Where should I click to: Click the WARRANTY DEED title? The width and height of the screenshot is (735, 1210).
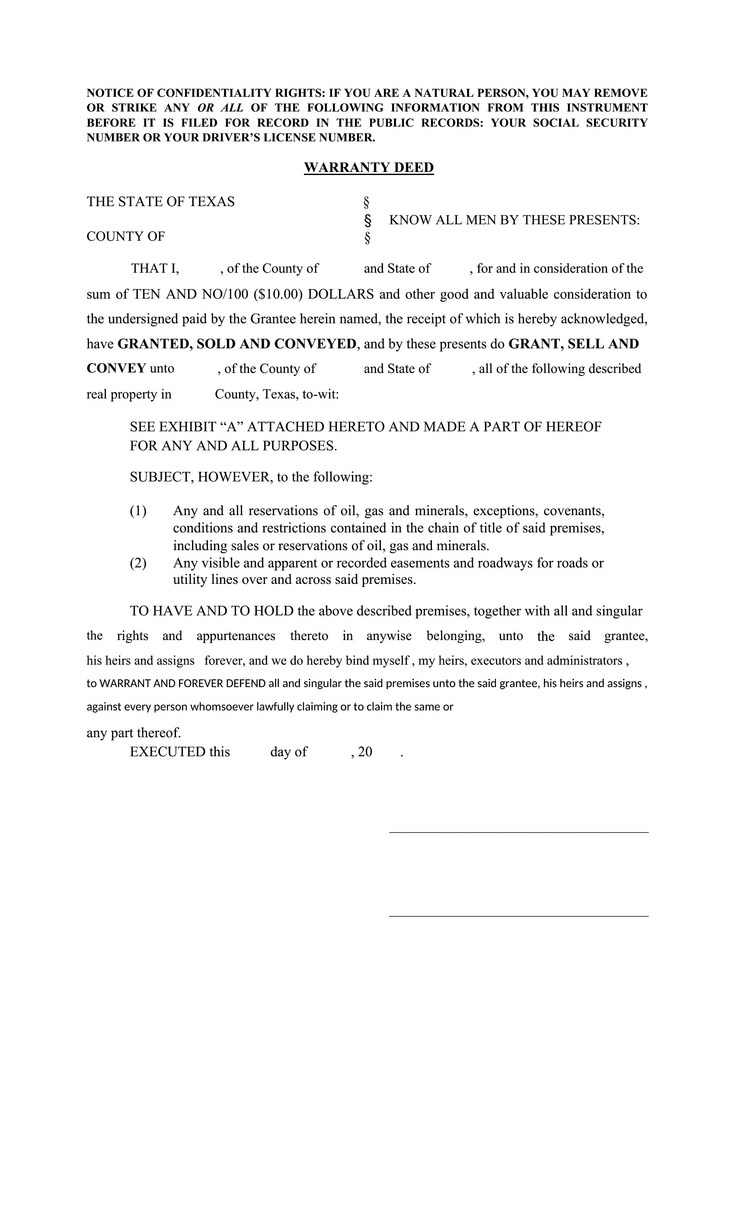coord(368,168)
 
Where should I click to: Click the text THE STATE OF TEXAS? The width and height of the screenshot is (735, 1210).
coord(161,202)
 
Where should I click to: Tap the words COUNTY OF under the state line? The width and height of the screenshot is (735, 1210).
coord(126,237)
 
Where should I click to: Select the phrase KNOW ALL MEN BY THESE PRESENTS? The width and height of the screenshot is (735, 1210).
coord(514,220)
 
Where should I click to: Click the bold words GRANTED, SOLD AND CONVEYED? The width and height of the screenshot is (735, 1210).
coord(237,344)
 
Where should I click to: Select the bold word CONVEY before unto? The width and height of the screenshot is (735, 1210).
coord(116,368)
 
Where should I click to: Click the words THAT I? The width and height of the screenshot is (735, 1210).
coord(155,269)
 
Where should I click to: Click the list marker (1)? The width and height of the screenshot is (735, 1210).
coord(138,511)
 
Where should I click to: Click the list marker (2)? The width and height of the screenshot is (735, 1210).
coord(138,563)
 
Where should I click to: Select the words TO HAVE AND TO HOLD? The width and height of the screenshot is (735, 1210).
coord(212,611)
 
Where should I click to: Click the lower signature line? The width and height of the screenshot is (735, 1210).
coord(518,916)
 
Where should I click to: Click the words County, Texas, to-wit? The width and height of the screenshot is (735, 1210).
coord(277,394)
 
